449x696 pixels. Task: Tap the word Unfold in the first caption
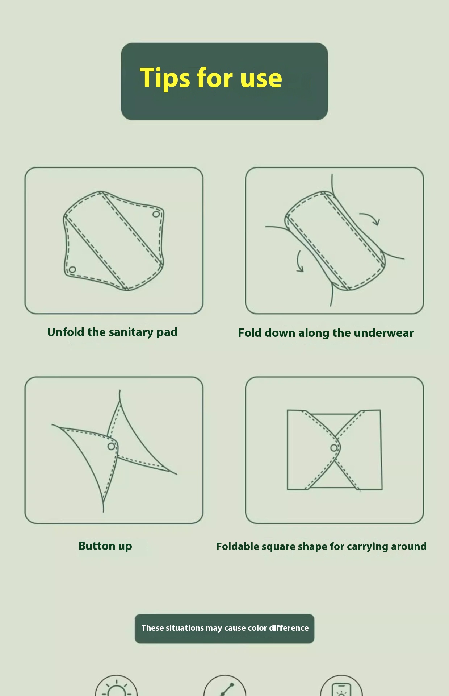[66, 332]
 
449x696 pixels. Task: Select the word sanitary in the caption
[131, 332]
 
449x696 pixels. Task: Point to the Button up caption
[105, 546]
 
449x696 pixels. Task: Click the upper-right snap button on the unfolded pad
[156, 214]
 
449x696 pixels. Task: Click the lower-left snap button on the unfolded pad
[72, 270]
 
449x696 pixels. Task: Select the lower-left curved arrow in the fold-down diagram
[299, 261]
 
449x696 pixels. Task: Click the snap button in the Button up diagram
[111, 446]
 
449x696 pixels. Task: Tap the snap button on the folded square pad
[334, 448]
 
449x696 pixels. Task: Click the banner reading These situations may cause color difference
[224, 629]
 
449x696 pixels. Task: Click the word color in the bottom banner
[257, 628]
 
